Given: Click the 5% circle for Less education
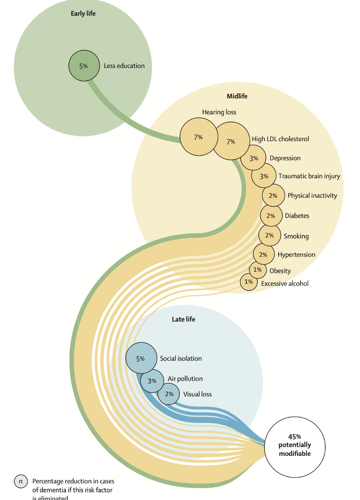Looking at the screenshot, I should coord(84,66).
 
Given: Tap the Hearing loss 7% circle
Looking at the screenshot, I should coord(198,137).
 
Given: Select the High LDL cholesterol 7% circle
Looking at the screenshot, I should coord(231,141).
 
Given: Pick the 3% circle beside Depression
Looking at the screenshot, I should coord(253,158).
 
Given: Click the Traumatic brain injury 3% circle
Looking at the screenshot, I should coord(264,176).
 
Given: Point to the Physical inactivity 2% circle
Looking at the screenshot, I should coord(273,195).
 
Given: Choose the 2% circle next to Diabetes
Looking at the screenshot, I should coord(271,216).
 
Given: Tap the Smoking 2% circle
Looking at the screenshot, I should coord(269,236).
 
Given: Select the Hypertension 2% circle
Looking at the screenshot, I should coord(263,255).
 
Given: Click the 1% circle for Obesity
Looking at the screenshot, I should coord(257,270).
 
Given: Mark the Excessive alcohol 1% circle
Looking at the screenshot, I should coord(248,282).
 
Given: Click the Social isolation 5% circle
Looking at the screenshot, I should coord(141,358).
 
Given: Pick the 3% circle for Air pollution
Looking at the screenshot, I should coord(152,381).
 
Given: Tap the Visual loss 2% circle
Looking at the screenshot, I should coord(169,394).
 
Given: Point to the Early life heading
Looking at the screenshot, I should coord(83,13).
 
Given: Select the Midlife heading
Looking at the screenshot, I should coord(237,96).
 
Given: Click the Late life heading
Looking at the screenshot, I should coord(184,319).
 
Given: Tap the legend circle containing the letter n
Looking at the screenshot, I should coord(21,481).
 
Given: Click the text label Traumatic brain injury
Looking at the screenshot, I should coord(309,176).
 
